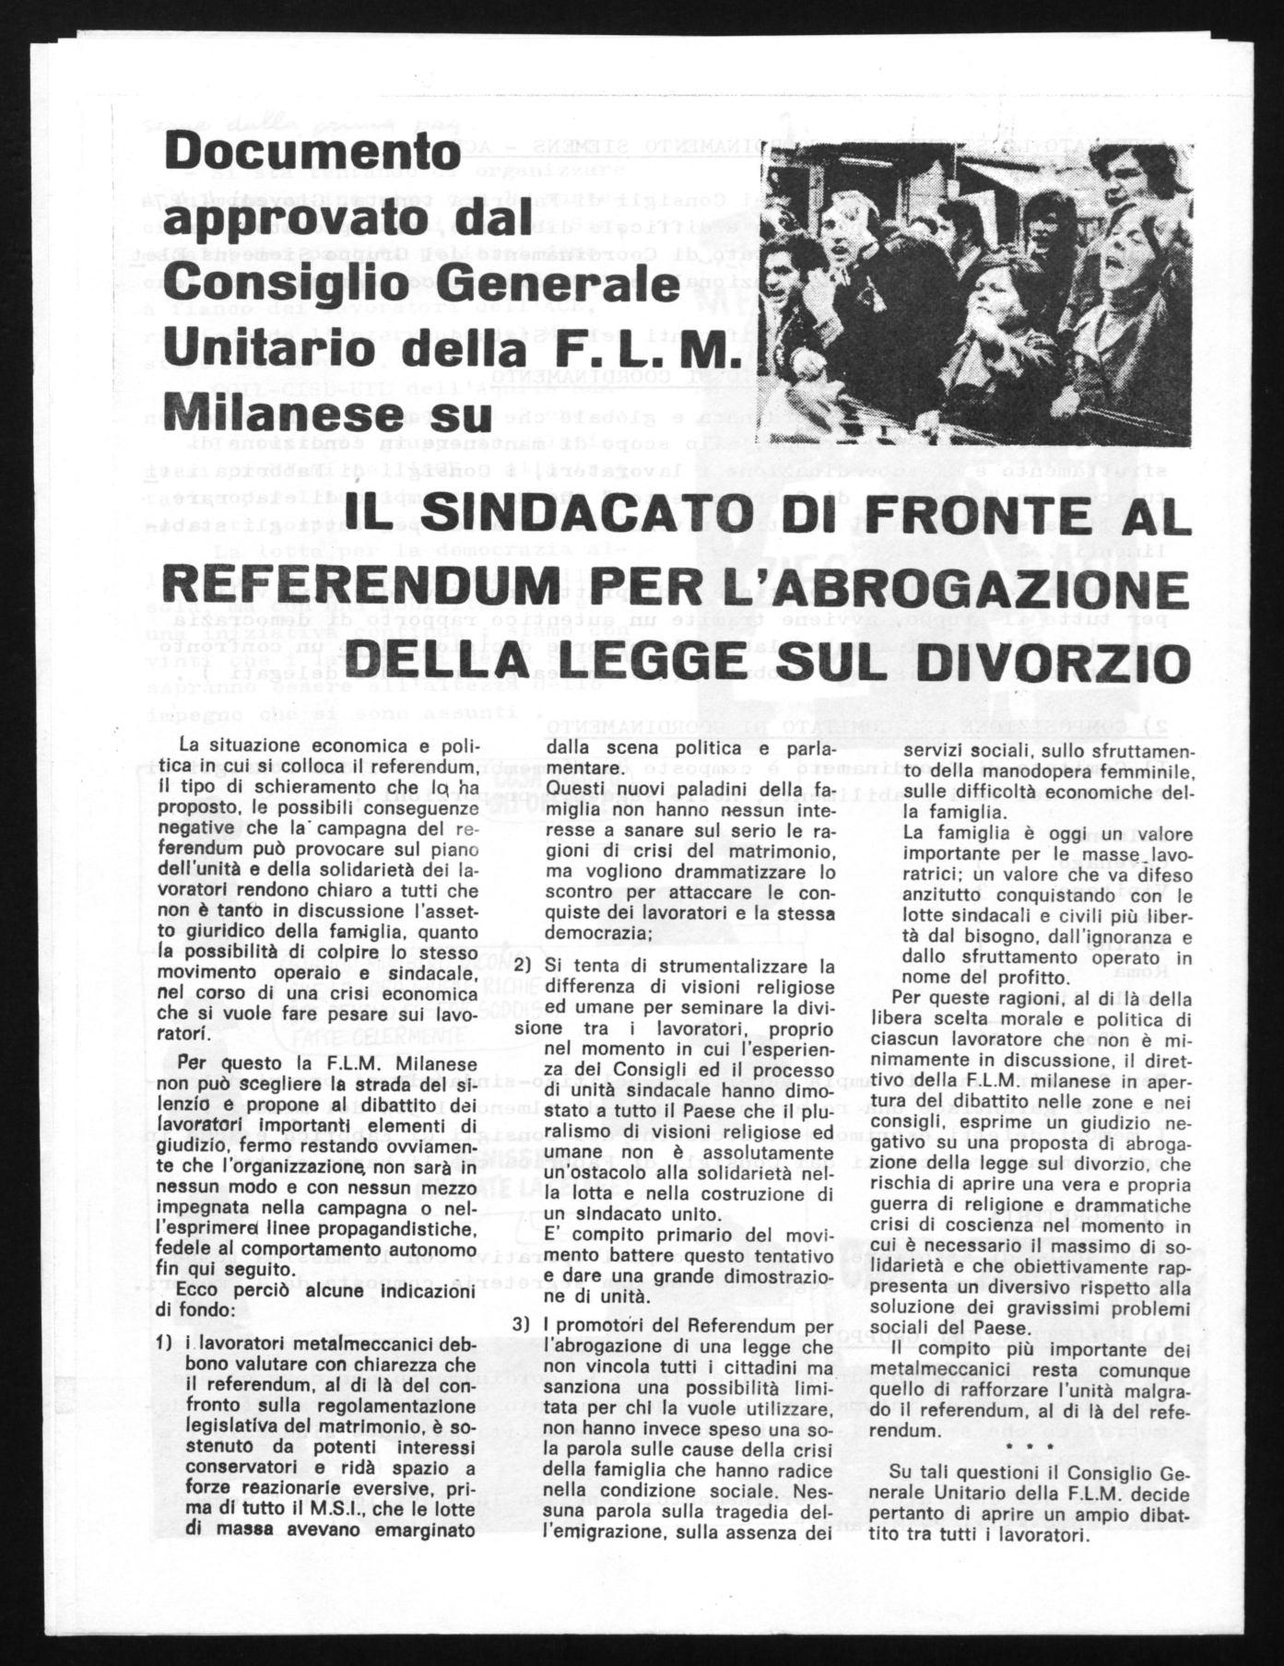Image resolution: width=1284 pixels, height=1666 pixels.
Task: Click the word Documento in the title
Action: coord(311,153)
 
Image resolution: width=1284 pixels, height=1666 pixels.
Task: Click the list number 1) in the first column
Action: coord(168,1344)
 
